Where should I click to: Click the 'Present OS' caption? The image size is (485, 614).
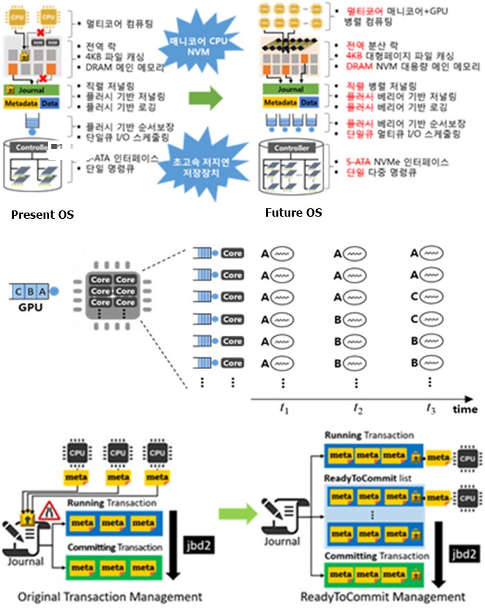coord(42,215)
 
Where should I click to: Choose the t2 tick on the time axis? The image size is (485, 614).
coord(358,408)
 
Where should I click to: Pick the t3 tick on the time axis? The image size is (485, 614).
coord(430,408)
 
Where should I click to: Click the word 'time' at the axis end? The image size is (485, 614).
coord(465,409)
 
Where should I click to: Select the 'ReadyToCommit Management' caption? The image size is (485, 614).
coord(383,597)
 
